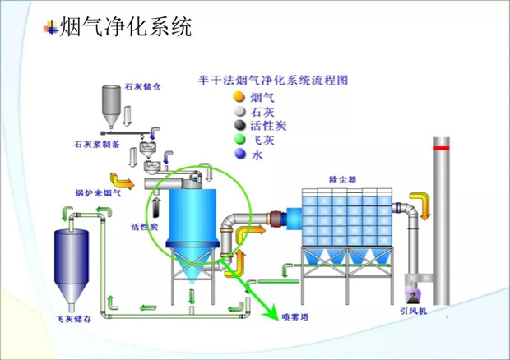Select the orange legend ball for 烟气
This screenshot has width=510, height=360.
pyautogui.click(x=239, y=96)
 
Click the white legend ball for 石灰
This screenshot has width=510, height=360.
pyautogui.click(x=239, y=111)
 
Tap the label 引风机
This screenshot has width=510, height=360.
pyautogui.click(x=411, y=312)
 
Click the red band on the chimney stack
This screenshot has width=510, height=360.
pyautogui.click(x=442, y=149)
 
